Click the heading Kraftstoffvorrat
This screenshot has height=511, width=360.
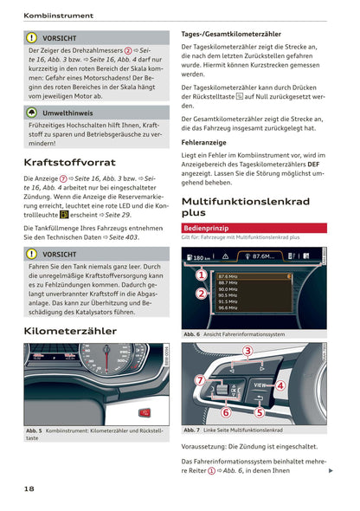click(x=71, y=162)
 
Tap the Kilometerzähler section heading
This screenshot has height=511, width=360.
click(x=70, y=331)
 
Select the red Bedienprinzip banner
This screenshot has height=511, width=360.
click(x=212, y=228)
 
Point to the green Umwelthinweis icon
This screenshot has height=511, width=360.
click(x=32, y=113)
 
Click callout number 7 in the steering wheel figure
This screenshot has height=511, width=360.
click(x=200, y=380)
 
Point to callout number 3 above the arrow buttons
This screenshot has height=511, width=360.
click(x=247, y=351)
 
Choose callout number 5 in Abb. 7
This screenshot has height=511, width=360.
click(x=259, y=412)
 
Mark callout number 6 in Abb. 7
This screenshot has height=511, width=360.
click(x=227, y=412)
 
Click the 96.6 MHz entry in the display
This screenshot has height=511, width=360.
click(x=228, y=307)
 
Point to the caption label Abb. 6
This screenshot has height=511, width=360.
click(x=192, y=334)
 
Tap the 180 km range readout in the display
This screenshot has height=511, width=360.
click(x=201, y=257)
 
